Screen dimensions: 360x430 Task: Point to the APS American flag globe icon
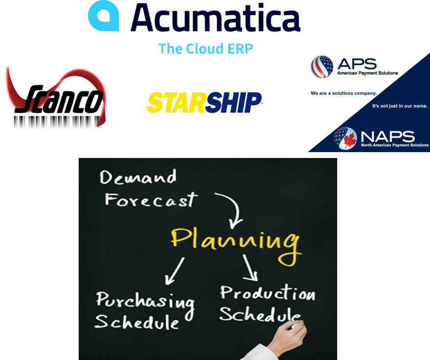pos(322,67)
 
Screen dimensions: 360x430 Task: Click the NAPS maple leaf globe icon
pos(345,138)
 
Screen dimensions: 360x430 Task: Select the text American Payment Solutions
pos(367,73)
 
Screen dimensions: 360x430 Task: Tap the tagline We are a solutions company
pos(344,93)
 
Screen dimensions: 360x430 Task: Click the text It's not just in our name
pos(400,106)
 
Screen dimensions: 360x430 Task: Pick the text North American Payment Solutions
pos(394,145)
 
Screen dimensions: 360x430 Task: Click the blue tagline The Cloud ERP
pos(206,48)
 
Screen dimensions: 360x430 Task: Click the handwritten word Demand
pos(138,177)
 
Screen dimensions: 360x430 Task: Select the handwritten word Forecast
pos(151,200)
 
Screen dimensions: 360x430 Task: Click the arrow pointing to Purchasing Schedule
pos(174,270)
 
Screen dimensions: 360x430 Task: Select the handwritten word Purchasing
pos(145,300)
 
